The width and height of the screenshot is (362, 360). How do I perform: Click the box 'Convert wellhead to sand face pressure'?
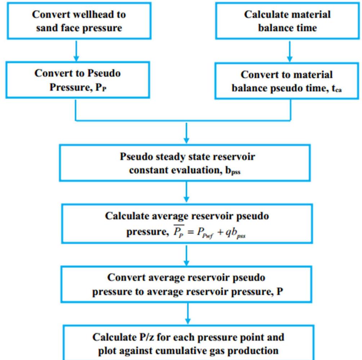[79, 21]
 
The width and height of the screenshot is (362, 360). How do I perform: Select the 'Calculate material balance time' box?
[287, 21]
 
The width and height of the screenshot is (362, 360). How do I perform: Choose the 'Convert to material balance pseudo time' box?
[287, 81]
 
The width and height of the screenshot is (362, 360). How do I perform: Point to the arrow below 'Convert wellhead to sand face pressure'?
[77, 50]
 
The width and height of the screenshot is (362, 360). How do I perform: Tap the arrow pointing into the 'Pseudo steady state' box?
[186, 133]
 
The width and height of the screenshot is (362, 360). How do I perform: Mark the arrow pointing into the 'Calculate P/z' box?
[187, 314]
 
